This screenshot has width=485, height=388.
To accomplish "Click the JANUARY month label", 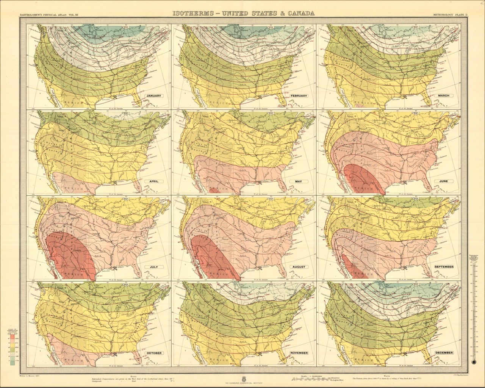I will (x=153, y=96).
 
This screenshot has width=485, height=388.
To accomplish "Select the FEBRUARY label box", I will (x=298, y=96).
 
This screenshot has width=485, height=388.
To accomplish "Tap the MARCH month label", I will (x=444, y=95).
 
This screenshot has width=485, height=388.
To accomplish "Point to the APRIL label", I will (x=153, y=181).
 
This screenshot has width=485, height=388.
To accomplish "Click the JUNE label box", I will (x=444, y=181).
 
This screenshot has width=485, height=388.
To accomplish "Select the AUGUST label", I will (x=298, y=267).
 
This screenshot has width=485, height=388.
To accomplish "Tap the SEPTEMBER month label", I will (x=444, y=267).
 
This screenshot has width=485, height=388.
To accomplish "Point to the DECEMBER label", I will (x=444, y=353).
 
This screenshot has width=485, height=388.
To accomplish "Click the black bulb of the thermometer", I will (x=473, y=362).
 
